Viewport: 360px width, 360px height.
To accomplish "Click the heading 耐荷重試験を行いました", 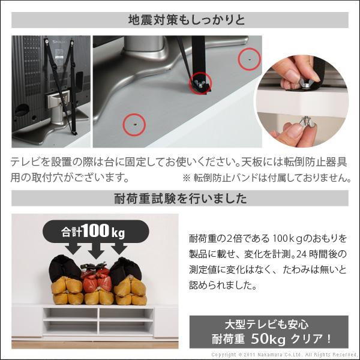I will pos(179,197).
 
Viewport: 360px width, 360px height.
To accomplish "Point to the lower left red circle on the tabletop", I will pos(134,124).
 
